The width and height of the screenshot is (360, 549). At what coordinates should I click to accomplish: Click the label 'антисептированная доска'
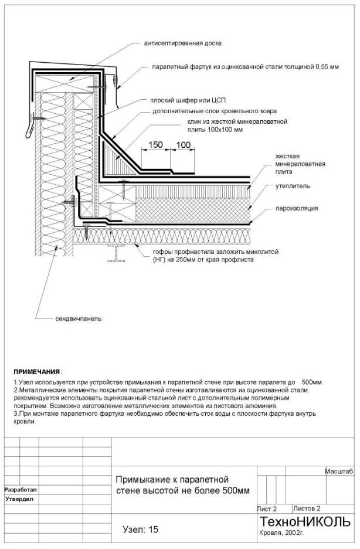(x=182, y=43)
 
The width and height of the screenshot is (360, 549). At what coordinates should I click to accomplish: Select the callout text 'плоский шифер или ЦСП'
(x=188, y=101)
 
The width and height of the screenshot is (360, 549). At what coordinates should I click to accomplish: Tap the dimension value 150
(x=155, y=145)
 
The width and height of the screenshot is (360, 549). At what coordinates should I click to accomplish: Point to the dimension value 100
(x=183, y=145)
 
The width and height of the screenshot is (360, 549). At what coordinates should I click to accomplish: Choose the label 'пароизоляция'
(x=297, y=208)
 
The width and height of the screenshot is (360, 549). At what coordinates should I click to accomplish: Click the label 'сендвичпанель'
(x=79, y=318)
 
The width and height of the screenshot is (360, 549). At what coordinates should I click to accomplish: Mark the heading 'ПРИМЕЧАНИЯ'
(x=37, y=371)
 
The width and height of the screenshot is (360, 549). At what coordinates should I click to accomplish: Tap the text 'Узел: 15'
(x=141, y=530)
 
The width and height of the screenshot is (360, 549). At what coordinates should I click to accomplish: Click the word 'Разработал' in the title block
(x=21, y=490)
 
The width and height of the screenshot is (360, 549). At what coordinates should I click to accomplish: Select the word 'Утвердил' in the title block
(x=19, y=499)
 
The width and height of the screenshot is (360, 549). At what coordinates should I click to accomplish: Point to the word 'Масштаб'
(x=339, y=472)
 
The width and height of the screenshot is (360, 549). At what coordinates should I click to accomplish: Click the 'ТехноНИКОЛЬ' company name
(x=305, y=521)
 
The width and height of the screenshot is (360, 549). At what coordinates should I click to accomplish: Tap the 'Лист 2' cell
(x=267, y=509)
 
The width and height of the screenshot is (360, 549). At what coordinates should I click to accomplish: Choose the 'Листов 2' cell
(x=307, y=509)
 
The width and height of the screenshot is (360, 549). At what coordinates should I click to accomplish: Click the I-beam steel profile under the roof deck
(x=116, y=253)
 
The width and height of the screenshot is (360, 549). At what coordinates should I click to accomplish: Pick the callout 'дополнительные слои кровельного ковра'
(x=215, y=111)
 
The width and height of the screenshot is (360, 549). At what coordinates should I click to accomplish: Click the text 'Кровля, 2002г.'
(x=281, y=533)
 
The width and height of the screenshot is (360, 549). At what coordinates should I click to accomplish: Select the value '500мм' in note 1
(x=312, y=382)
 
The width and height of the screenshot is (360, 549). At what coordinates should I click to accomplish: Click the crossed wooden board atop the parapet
(x=70, y=83)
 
